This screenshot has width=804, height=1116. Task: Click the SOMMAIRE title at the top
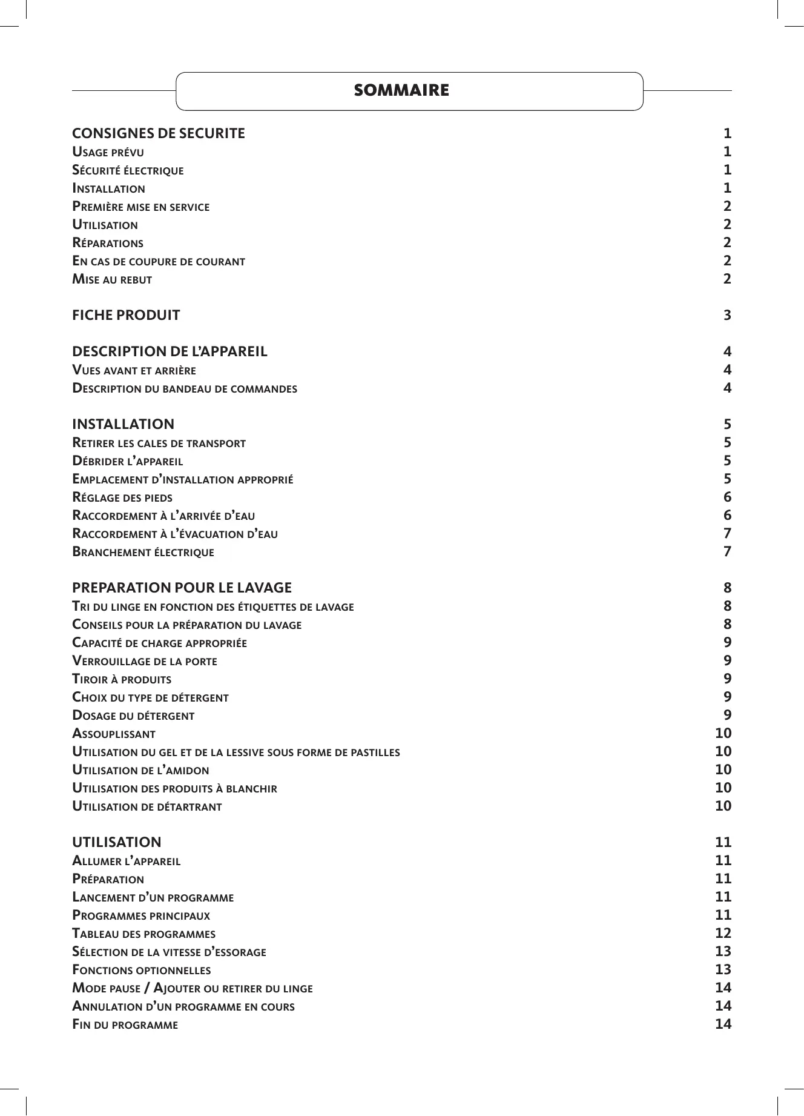pos(401,91)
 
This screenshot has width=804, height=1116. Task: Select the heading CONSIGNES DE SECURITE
pos(159,133)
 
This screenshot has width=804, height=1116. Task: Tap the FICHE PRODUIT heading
pos(126,315)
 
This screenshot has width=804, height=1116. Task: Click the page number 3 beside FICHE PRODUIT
pos(727,315)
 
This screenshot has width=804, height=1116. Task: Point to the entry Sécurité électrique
pos(128,170)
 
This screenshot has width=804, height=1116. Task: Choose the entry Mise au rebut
pos(112,279)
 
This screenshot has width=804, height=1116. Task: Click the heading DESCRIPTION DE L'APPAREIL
pos(170,351)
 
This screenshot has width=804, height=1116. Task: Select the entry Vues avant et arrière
pos(134,370)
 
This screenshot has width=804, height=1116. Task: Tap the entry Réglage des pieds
pos(122,497)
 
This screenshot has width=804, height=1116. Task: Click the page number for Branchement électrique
pos(727,552)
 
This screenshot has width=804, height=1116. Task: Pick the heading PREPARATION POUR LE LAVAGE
pos(182,588)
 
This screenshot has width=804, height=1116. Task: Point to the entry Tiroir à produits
pos(122,679)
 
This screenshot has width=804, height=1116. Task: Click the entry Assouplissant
pos(114,734)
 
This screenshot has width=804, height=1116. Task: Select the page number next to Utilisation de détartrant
pos(723,806)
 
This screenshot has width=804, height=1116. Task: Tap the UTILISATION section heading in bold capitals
pos(117,842)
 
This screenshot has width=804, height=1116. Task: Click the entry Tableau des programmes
pos(143,934)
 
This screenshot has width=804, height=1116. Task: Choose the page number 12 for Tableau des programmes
pos(723,934)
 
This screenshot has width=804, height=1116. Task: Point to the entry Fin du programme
pos(125,1025)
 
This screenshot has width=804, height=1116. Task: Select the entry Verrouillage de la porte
pos(145,661)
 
